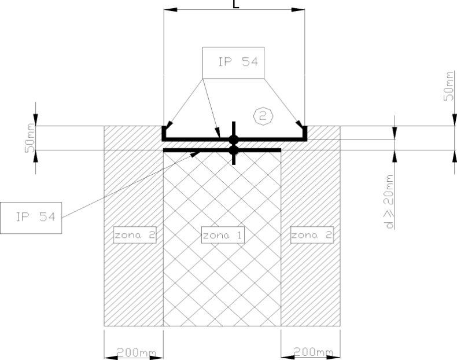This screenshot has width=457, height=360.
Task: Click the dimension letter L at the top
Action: tap(236, 3)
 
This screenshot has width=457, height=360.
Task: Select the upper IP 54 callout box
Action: tap(234, 63)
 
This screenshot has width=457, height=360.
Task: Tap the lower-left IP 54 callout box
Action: tap(31, 218)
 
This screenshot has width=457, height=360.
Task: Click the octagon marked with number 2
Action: tap(263, 116)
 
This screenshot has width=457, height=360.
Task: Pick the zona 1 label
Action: tap(223, 235)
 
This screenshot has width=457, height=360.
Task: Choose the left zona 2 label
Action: tap(135, 235)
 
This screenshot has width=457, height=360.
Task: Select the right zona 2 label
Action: tap(312, 235)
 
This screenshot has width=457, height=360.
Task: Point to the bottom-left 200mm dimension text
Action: tap(136, 352)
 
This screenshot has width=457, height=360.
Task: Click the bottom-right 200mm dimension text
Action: tap(313, 352)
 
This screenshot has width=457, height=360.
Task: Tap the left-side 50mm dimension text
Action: tap(30, 138)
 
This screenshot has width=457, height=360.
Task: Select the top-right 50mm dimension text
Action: tap(449, 86)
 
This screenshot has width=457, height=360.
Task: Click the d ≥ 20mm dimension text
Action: tap(389, 202)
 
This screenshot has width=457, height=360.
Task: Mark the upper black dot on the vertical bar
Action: tap(234, 140)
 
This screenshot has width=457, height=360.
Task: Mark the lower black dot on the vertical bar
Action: tap(234, 150)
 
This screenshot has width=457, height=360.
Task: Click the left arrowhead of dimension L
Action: tap(171, 10)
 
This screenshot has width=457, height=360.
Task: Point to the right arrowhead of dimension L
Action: tap(298, 10)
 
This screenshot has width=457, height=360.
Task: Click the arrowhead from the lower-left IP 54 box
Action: tap(195, 153)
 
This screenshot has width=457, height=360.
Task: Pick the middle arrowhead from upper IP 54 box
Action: tap(218, 133)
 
